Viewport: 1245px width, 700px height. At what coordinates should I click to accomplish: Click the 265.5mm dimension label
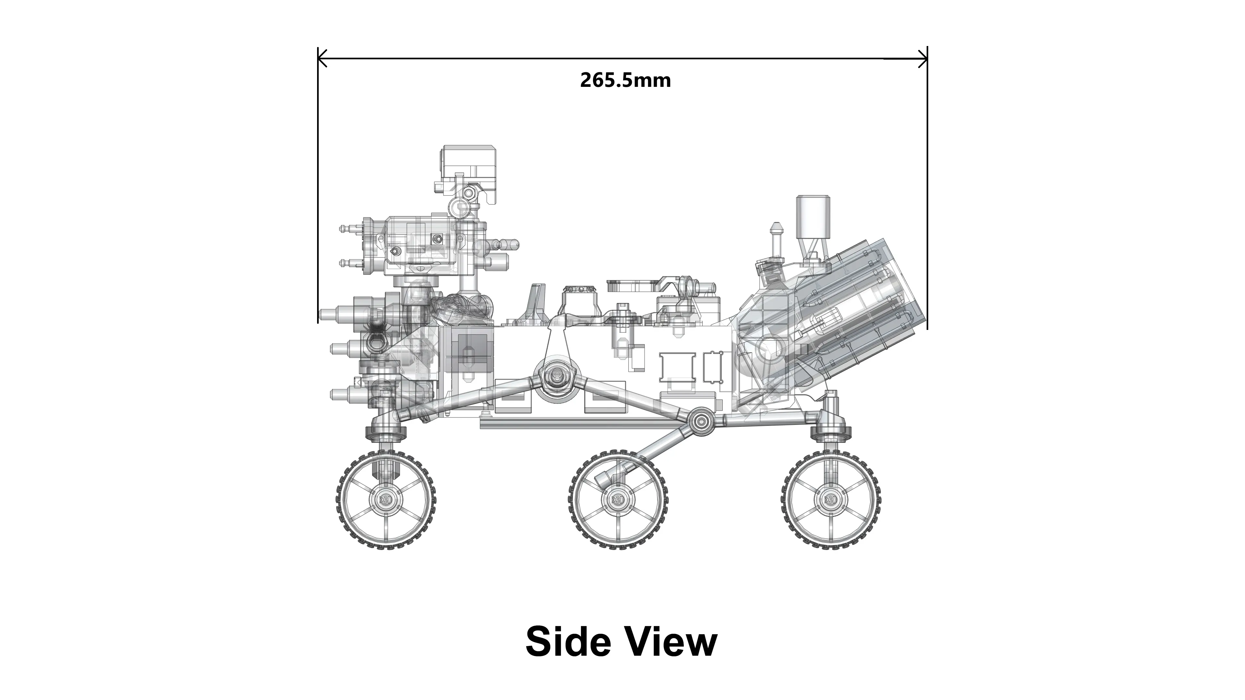625,80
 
